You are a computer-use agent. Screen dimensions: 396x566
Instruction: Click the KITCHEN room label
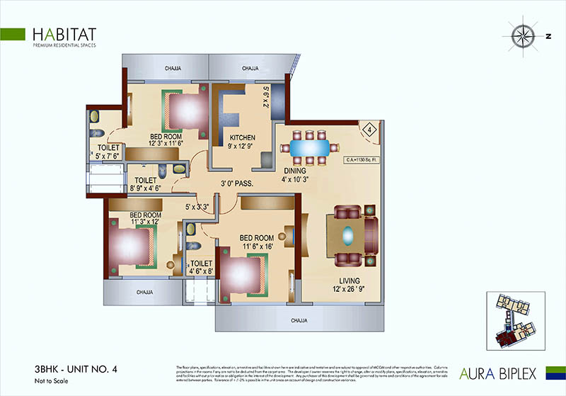click(x=242, y=137)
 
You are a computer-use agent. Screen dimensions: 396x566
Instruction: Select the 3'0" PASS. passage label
click(x=238, y=183)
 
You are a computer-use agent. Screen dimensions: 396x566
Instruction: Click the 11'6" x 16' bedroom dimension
click(x=257, y=246)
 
